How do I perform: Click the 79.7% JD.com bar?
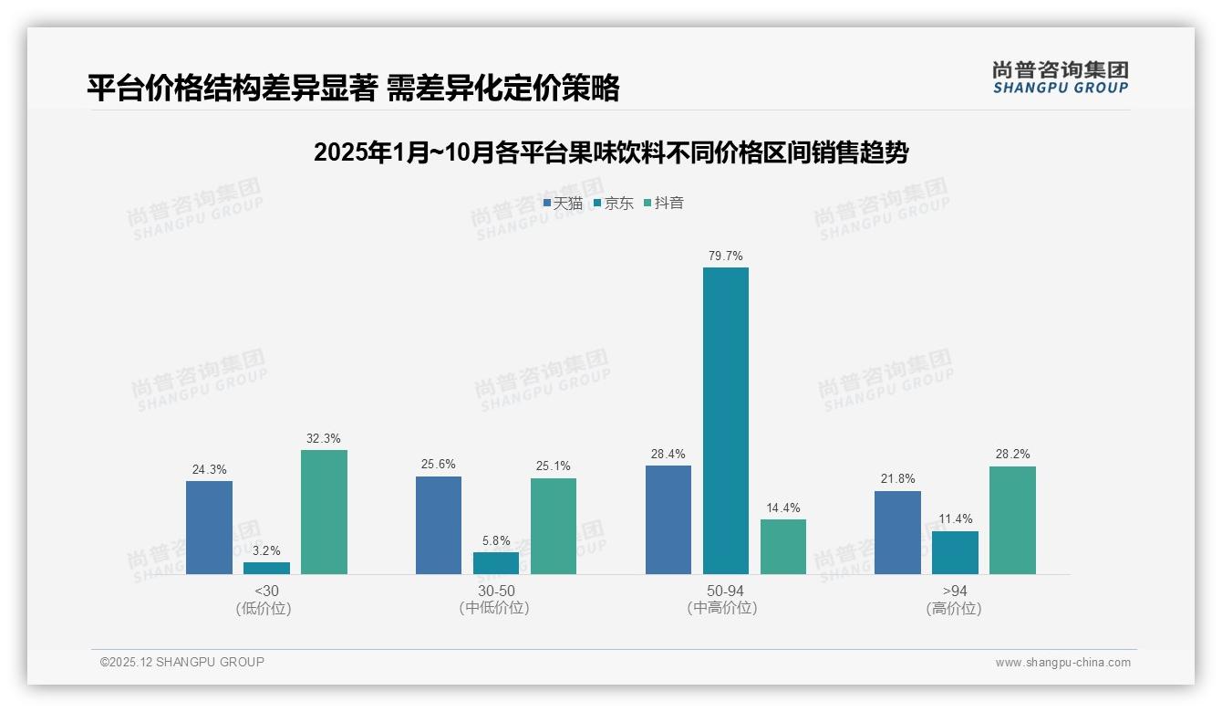coord(725,421)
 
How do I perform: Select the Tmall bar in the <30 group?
coord(209,528)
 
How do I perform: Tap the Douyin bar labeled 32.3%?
coord(324,512)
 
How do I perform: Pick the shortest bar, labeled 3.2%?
coord(266,568)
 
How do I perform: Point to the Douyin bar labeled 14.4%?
coord(783,547)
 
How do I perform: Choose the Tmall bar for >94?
coord(897,532)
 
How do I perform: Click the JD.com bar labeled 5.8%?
coord(495,563)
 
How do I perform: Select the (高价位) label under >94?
coord(955,609)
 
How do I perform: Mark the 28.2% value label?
coord(1012,455)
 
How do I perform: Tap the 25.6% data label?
coord(439,465)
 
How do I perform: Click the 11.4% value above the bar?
coord(955,519)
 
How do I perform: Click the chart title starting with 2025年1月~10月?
coord(611,152)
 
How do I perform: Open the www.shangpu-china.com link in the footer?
coord(1062,663)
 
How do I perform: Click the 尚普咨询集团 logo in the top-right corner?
coord(1061,78)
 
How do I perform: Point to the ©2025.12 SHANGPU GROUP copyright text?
coord(182,663)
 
